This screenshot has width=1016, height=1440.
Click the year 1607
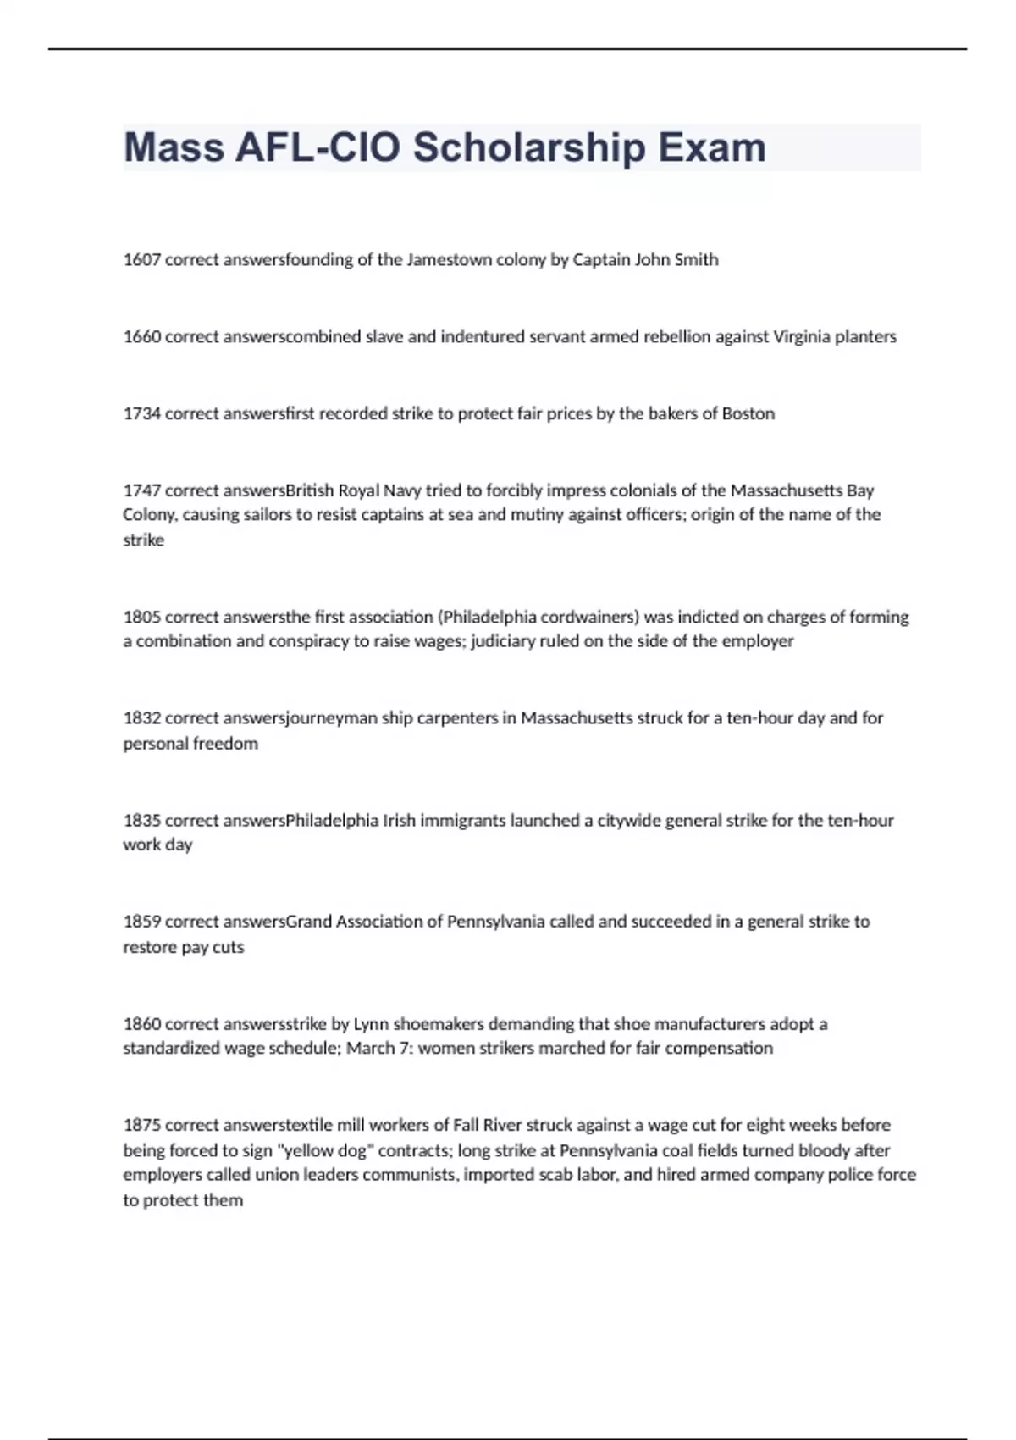tap(141, 260)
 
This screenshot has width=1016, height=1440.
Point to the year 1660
tap(141, 337)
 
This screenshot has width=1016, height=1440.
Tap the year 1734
tap(141, 414)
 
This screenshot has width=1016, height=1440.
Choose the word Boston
tap(748, 414)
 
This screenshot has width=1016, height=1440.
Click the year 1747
tap(141, 490)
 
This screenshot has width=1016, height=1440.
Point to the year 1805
tap(141, 618)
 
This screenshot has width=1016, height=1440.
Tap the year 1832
tap(141, 718)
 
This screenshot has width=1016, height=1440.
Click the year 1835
tap(141, 821)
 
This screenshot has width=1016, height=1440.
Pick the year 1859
tap(141, 922)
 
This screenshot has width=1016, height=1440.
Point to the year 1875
tap(141, 1126)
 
